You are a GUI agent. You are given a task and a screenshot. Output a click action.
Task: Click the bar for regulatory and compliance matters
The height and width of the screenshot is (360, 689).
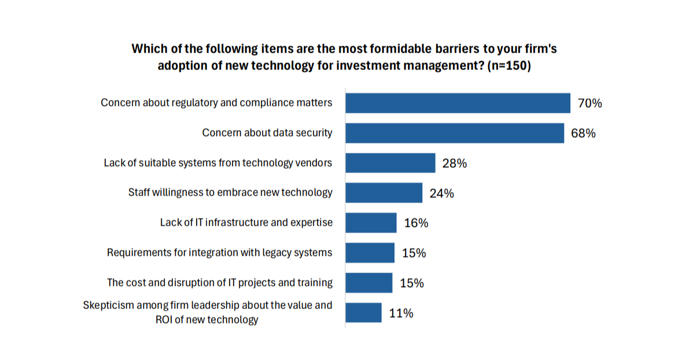[458, 103]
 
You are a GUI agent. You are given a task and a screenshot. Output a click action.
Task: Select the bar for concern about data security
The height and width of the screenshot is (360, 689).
[455, 133]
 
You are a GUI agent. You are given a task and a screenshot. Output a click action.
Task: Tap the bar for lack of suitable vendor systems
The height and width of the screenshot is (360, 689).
[390, 163]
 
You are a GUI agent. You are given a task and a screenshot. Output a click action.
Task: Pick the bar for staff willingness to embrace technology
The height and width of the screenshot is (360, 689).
[384, 193]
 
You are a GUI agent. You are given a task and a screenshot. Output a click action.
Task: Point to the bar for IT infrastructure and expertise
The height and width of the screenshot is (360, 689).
[371, 223]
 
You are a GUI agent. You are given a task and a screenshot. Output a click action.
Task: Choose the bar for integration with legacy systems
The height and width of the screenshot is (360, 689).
[370, 253]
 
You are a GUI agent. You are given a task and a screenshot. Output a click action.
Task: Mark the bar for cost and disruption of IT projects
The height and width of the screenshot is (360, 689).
[369, 283]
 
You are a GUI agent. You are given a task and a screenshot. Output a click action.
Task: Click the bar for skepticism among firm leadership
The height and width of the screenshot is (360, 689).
[363, 313]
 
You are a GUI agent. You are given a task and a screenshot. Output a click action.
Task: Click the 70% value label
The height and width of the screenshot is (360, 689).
[590, 104]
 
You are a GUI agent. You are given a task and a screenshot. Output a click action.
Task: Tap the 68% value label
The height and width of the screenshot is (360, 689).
[583, 134]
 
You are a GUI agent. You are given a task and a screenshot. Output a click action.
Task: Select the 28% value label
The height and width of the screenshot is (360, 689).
[455, 163]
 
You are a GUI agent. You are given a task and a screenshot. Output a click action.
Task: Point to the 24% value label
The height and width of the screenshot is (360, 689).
[441, 193]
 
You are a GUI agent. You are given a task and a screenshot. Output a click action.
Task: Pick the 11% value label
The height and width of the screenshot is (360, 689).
[401, 313]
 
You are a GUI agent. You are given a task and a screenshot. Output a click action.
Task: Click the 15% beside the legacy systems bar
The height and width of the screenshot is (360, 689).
[414, 253]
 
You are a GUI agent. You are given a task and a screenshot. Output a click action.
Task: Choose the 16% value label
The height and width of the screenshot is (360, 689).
[415, 223]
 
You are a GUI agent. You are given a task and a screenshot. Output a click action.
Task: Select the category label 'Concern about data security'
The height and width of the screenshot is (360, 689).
[267, 133]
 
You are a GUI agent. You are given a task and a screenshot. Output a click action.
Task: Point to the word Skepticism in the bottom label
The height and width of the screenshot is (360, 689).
[109, 305]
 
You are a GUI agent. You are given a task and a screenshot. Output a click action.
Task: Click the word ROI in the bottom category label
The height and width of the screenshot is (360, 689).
[165, 319]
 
